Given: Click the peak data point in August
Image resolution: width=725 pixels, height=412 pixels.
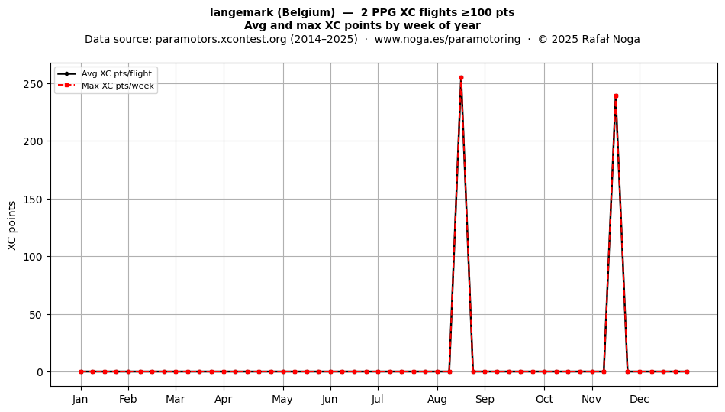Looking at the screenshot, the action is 461,78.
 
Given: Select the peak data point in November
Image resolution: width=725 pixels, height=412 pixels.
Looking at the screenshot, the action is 616,96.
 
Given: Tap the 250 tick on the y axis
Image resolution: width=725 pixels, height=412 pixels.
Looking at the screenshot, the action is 34,84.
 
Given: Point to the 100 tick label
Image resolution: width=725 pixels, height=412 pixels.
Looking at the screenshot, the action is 34,257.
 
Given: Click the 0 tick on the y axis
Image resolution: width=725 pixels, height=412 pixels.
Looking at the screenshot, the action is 40,372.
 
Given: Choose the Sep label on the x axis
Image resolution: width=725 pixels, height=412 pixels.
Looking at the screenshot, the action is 485,399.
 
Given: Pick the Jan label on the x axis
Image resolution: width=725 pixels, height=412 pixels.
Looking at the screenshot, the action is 80,399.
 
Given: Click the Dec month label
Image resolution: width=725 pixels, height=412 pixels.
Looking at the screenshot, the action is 640,399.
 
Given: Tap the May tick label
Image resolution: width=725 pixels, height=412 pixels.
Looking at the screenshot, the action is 282,400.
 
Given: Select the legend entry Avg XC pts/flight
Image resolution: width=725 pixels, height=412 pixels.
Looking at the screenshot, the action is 117,73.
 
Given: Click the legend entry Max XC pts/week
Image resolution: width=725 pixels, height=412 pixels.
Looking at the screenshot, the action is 118,86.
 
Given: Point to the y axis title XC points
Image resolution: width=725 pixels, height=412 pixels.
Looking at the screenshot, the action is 12,225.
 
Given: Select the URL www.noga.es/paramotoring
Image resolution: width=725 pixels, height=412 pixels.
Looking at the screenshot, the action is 447,39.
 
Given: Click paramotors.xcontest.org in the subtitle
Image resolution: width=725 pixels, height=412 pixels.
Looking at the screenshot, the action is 221,39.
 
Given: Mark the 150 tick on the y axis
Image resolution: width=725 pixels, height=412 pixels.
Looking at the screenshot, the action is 34,200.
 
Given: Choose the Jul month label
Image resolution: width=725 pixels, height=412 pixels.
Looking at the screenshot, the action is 378,399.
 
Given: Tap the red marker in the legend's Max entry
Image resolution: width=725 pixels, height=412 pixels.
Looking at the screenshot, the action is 66,85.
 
